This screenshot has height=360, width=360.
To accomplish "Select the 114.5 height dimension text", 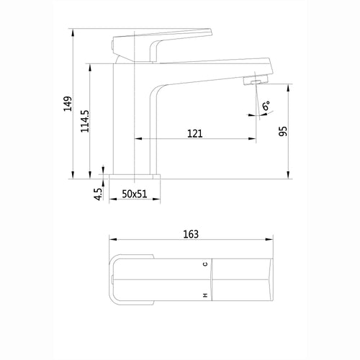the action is (x=85, y=121).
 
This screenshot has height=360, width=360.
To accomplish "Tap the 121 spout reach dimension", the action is (x=194, y=133).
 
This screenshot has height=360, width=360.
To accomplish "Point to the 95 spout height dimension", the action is (x=283, y=131).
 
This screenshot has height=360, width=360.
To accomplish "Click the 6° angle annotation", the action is (x=266, y=105).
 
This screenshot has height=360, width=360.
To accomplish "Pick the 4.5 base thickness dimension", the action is (x=98, y=194).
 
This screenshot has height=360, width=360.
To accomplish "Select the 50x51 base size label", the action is (x=135, y=194).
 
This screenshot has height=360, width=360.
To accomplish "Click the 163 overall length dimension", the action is (x=191, y=234).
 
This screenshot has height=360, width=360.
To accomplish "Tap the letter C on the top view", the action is (x=205, y=264).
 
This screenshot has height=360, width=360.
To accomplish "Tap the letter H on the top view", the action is (x=205, y=295).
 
